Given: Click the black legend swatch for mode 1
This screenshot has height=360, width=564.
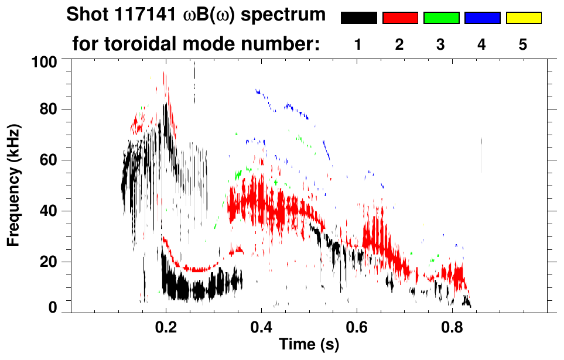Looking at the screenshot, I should coord(358,18).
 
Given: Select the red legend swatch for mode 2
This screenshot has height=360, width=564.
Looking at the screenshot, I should coord(400,18).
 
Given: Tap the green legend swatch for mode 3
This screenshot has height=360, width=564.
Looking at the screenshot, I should coord(441,18).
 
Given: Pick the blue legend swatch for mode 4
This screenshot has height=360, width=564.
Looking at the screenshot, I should coord(482,18).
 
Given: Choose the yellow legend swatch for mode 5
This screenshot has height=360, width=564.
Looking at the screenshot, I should coord(524,18).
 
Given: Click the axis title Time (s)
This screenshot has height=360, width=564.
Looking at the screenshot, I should coord(308,345).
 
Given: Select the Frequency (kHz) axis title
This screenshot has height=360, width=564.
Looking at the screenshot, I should coord(13,185).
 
